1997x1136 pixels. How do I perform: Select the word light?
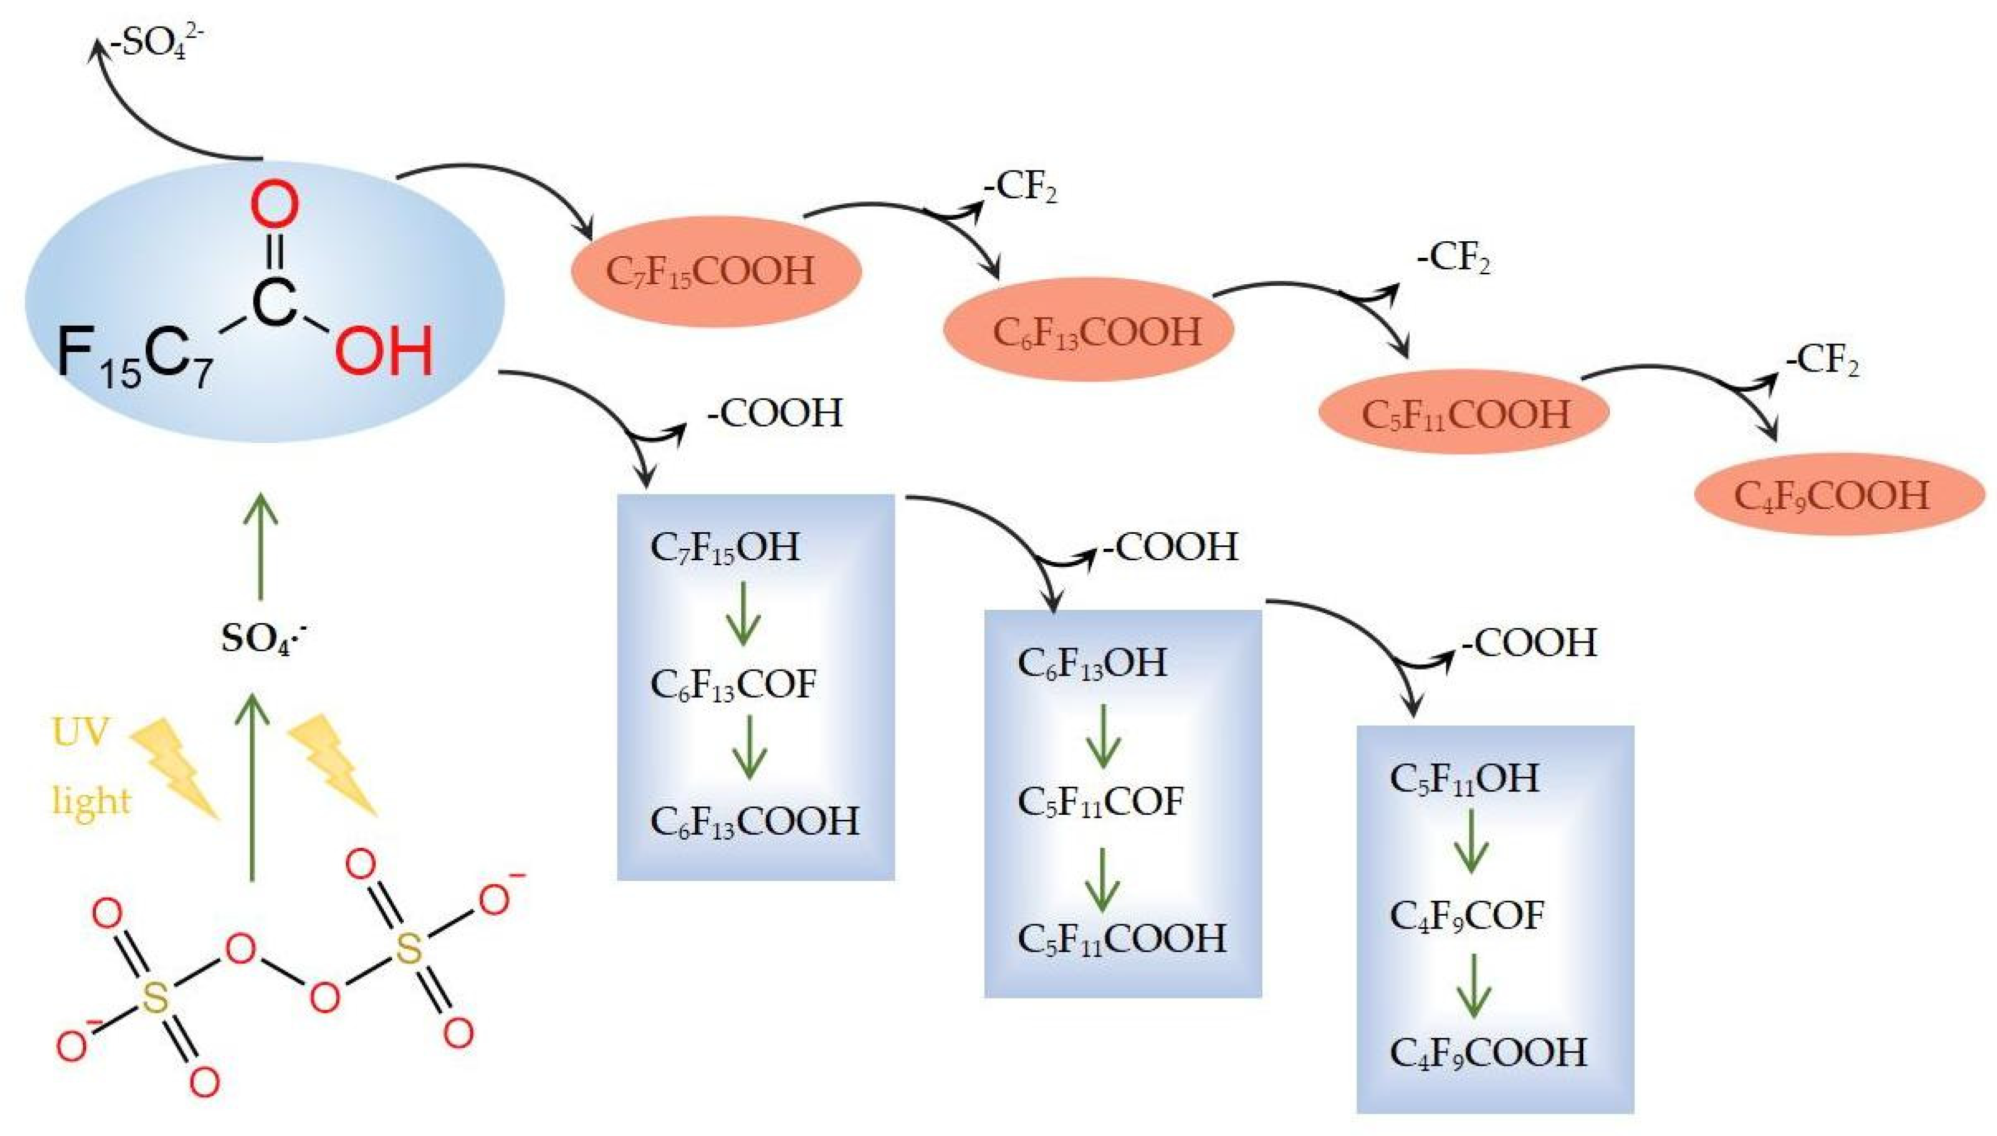91,800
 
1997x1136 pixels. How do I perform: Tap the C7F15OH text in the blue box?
724,547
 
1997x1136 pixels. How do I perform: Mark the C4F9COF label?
1466,915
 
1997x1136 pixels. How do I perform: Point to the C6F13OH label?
1092,662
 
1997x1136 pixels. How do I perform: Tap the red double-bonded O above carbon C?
274,204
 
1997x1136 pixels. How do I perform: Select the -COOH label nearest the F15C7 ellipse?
774,413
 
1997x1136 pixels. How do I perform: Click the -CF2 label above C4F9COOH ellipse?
1821,361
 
